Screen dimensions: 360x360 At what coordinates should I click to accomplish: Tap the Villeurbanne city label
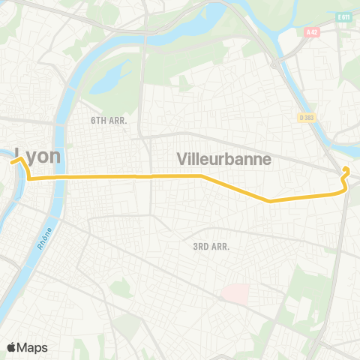(x=223, y=159)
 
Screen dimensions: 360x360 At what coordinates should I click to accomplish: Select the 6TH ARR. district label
(x=109, y=120)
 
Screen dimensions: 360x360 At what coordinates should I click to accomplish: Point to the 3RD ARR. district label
(x=210, y=246)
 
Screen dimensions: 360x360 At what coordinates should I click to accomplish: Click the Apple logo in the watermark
(x=11, y=346)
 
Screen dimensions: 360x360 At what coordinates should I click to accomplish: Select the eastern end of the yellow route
(x=345, y=169)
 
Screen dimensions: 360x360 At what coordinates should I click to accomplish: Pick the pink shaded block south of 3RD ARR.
(x=235, y=293)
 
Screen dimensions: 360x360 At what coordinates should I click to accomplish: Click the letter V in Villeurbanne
(x=182, y=159)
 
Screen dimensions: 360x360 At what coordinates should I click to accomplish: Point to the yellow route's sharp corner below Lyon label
(x=29, y=178)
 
